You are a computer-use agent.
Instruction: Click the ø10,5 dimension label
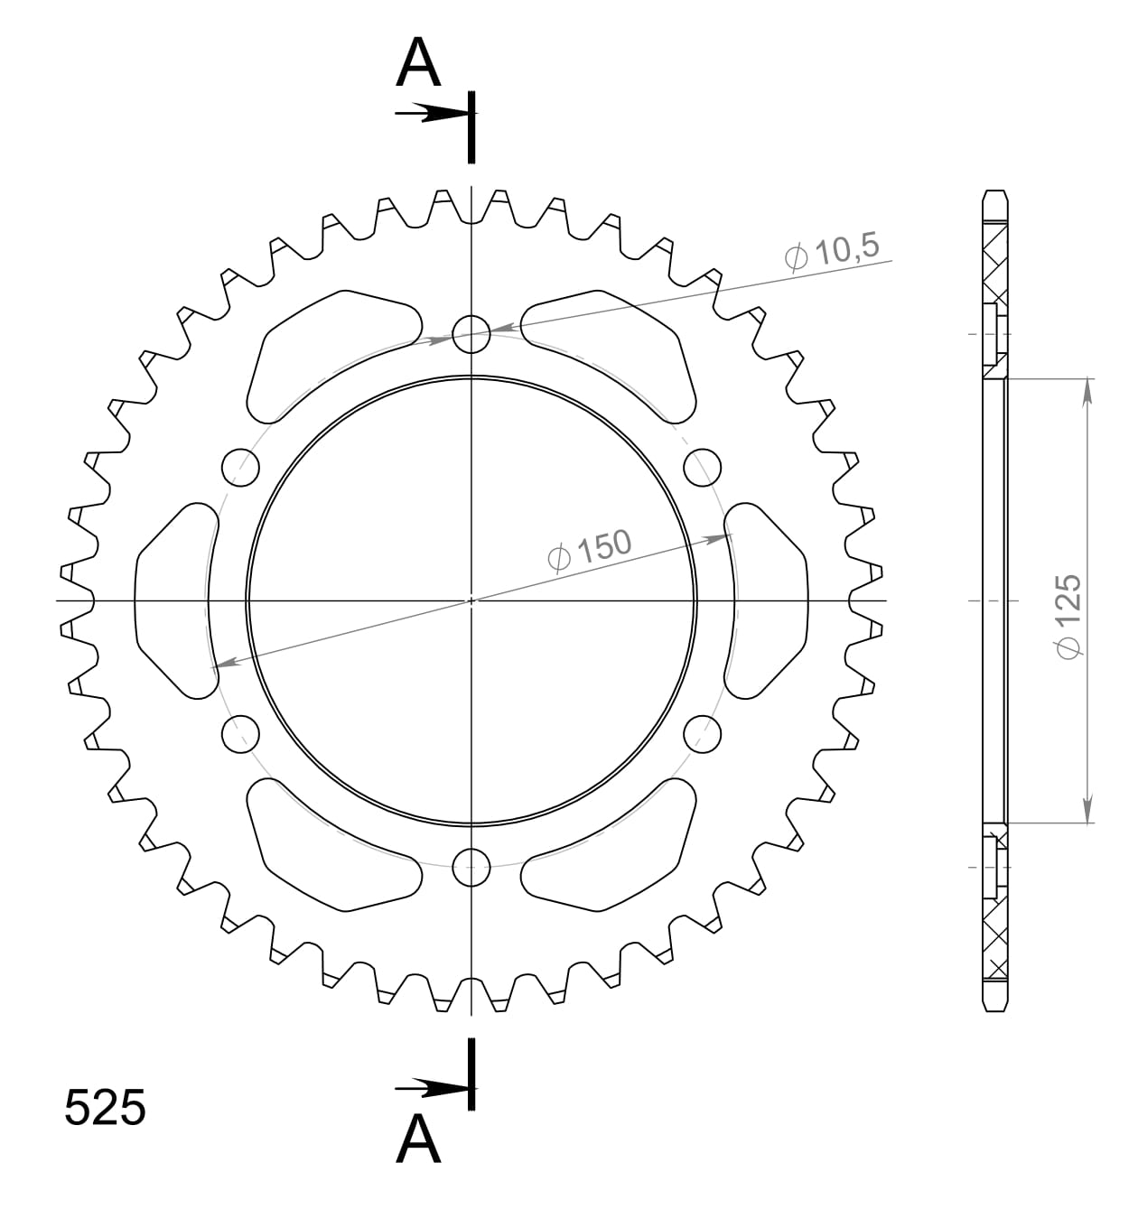tap(832, 253)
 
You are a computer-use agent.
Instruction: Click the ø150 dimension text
tap(590, 550)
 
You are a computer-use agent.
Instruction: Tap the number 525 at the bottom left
tap(105, 1108)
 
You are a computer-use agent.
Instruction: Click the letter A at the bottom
tap(418, 1139)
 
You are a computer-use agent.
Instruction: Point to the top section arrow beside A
tap(432, 114)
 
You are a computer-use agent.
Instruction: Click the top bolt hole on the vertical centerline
tap(471, 333)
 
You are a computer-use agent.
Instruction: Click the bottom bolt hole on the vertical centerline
tap(471, 869)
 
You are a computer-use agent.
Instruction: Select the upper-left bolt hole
tap(240, 467)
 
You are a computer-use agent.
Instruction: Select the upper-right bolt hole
tap(702, 467)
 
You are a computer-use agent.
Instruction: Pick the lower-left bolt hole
tap(240, 733)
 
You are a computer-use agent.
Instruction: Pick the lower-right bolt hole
tap(702, 733)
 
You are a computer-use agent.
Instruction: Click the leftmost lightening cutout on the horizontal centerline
tap(174, 600)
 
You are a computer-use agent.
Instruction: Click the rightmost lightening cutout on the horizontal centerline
tap(766, 600)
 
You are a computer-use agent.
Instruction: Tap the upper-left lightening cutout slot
tap(330, 355)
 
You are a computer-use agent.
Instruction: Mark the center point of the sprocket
tap(471, 600)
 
